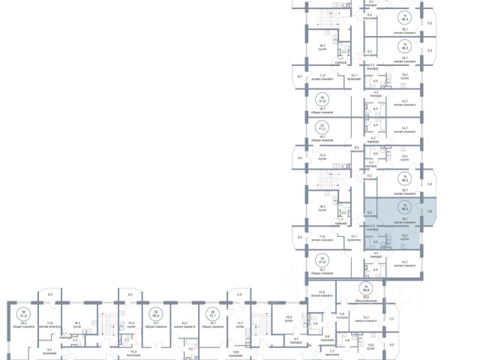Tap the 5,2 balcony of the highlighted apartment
coord(430,212)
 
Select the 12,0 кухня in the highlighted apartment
coord(405,236)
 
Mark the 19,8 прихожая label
coord(235,352)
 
